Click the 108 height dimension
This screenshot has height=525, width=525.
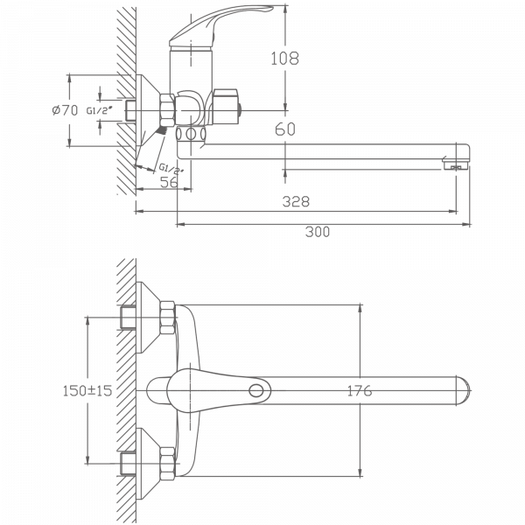(285, 59)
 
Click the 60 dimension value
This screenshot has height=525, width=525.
(285, 129)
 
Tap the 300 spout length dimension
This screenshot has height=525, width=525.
(318, 232)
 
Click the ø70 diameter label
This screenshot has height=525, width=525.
(66, 110)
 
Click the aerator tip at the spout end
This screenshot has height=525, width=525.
(455, 164)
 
